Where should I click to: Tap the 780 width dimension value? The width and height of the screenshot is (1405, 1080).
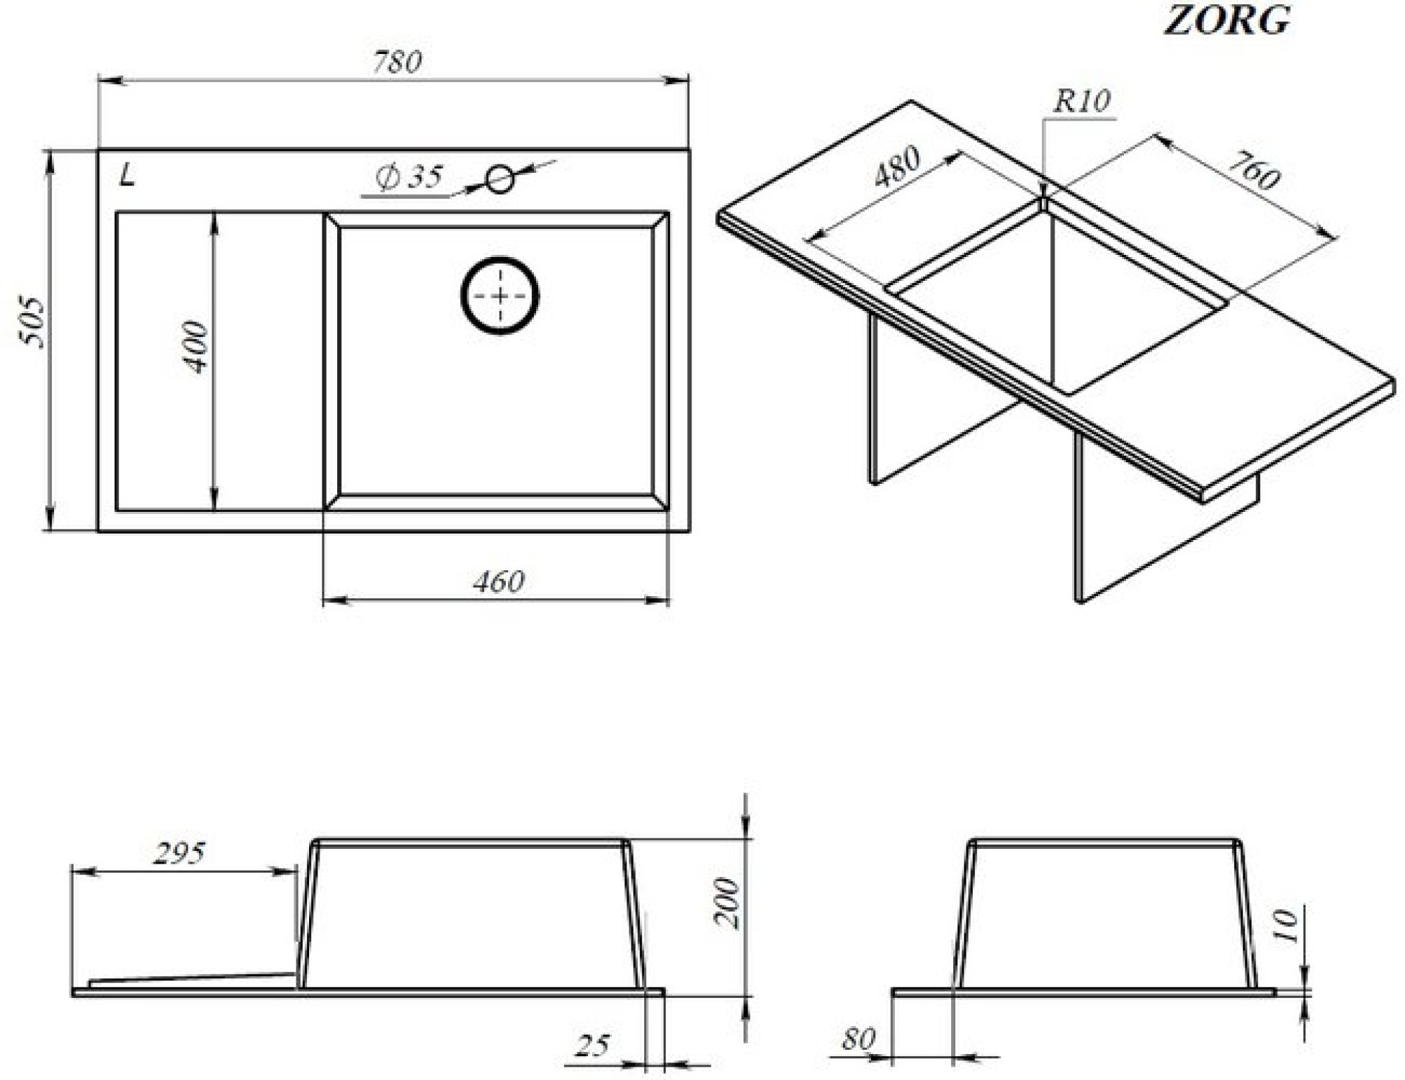point(397,62)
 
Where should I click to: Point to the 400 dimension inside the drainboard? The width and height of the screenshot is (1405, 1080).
point(195,347)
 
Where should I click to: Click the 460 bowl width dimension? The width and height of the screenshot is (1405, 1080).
point(498,581)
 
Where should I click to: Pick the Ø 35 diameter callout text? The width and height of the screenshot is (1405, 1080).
point(409,177)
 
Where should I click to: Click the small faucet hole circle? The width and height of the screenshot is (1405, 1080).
point(500,179)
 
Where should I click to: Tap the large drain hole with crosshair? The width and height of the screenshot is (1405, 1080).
point(499,296)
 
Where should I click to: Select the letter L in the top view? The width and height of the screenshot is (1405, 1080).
point(127,175)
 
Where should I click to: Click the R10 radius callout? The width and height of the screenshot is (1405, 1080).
point(1082,102)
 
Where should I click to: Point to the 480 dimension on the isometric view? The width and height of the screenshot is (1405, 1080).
point(897,166)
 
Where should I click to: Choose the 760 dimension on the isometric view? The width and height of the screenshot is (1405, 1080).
point(1254,171)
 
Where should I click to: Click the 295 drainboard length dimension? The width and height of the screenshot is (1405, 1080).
point(179,853)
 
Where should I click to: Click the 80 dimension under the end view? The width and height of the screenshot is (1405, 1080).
point(858,1039)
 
